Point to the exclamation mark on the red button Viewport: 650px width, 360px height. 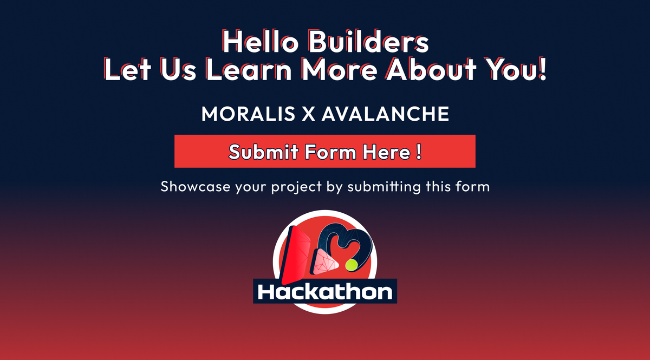click(x=419, y=151)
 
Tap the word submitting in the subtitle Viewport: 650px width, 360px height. click(x=384, y=188)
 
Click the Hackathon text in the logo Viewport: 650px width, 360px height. click(x=325, y=292)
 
